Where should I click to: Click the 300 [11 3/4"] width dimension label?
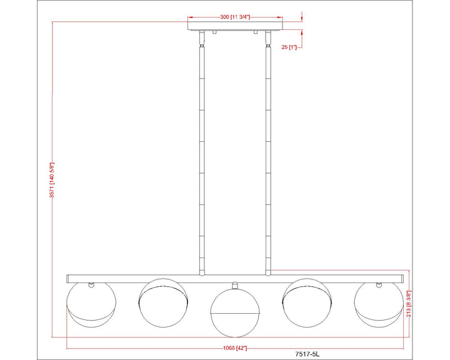235,17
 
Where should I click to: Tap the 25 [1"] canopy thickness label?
289,47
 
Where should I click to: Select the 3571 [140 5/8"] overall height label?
52,180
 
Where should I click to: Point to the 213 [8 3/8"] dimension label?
409,304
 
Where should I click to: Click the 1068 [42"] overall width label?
235,348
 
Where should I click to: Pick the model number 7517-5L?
307,354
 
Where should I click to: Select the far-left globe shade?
91,304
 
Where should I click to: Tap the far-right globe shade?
379,304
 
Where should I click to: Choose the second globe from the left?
163,302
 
